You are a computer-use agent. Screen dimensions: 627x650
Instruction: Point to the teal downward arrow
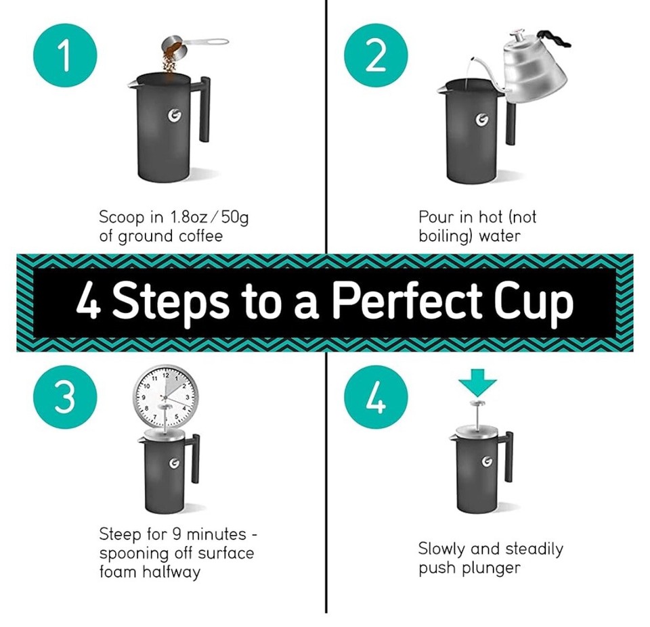pyautogui.click(x=477, y=387)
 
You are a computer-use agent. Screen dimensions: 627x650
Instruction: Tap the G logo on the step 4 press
pyautogui.click(x=485, y=461)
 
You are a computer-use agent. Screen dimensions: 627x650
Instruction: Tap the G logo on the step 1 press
pyautogui.click(x=173, y=117)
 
